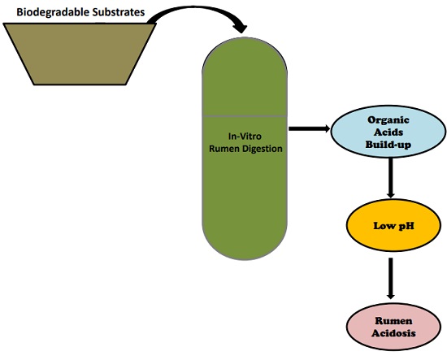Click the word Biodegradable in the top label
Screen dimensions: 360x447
[x=52, y=11]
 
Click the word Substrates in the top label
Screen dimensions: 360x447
[x=117, y=11]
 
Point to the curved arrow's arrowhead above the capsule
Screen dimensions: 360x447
[x=239, y=28]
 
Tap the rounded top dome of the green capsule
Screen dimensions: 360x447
[x=245, y=61]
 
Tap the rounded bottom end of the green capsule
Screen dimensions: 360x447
[x=245, y=236]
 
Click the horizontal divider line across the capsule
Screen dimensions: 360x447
[x=245, y=115]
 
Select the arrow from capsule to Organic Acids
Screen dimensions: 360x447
[x=309, y=128]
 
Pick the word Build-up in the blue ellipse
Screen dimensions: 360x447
[x=391, y=142]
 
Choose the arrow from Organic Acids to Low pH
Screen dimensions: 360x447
[x=391, y=178]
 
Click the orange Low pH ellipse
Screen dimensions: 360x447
[x=391, y=225]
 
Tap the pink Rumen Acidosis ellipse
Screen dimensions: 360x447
[x=391, y=324]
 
